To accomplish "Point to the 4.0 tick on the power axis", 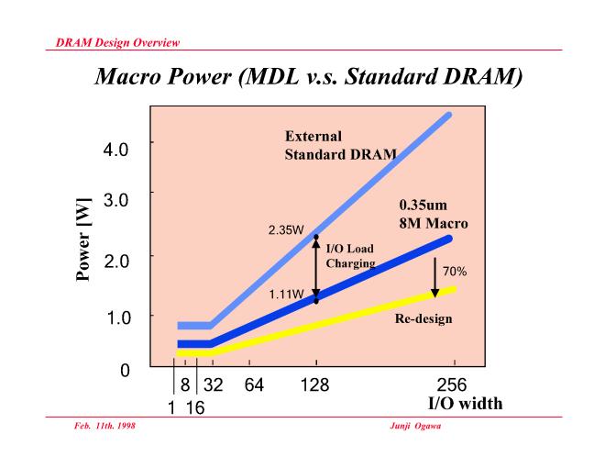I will (115, 148).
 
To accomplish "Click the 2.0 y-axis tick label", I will (115, 259).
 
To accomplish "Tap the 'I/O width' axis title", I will (465, 403).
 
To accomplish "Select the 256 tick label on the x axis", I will (454, 384).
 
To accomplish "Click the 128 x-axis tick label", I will (316, 384).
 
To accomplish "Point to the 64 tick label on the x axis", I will (253, 384).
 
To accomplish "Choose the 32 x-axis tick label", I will (212, 384).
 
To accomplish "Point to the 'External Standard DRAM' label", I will (339, 145).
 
